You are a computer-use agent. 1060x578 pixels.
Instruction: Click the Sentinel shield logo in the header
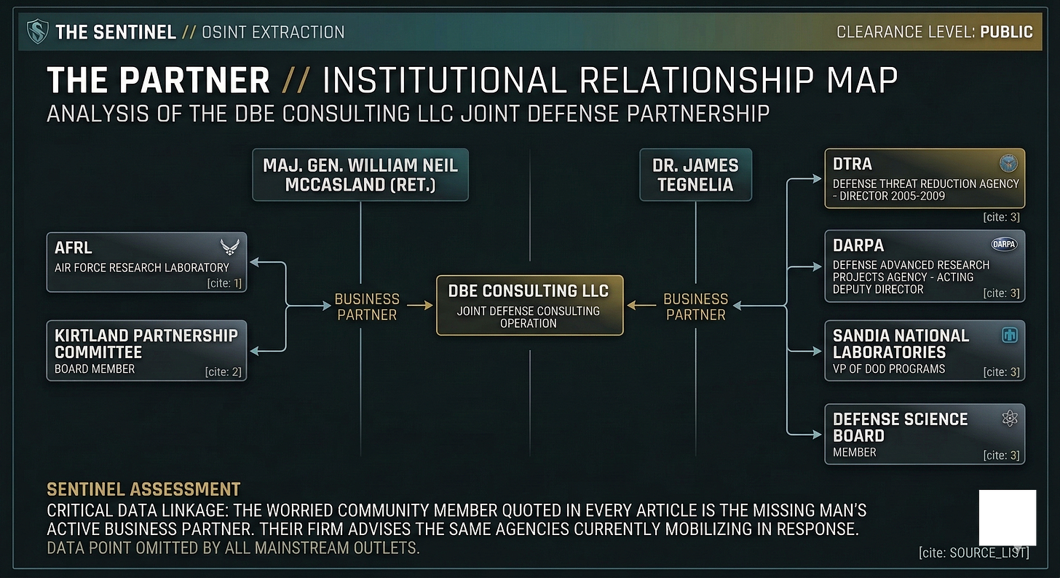[37, 31]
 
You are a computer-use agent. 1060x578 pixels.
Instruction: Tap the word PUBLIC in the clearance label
[1006, 32]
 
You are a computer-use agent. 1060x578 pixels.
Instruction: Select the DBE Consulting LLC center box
[529, 305]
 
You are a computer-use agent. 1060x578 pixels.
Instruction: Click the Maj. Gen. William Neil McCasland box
[360, 175]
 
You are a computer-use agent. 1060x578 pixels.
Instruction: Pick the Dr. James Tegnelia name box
[695, 175]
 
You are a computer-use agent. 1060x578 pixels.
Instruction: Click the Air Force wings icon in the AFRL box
[230, 247]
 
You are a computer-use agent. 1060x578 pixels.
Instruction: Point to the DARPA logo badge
[1005, 245]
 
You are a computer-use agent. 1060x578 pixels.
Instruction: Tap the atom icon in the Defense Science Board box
[1010, 418]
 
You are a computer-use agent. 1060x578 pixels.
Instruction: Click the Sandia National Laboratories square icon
[1010, 335]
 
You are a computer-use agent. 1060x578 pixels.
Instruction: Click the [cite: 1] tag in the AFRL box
[225, 282]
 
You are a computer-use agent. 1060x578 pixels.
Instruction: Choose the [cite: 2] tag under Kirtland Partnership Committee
[225, 373]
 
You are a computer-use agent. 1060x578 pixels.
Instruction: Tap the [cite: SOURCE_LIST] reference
[974, 553]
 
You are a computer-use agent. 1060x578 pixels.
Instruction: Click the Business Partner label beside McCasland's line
[367, 306]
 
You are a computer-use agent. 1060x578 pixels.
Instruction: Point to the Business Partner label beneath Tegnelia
[695, 306]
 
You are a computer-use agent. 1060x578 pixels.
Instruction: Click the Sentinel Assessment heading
[143, 489]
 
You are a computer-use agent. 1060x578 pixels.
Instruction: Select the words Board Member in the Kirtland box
[95, 369]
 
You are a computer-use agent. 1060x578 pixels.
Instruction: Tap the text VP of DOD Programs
[889, 369]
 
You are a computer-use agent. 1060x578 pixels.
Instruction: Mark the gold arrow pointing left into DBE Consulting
[641, 306]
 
